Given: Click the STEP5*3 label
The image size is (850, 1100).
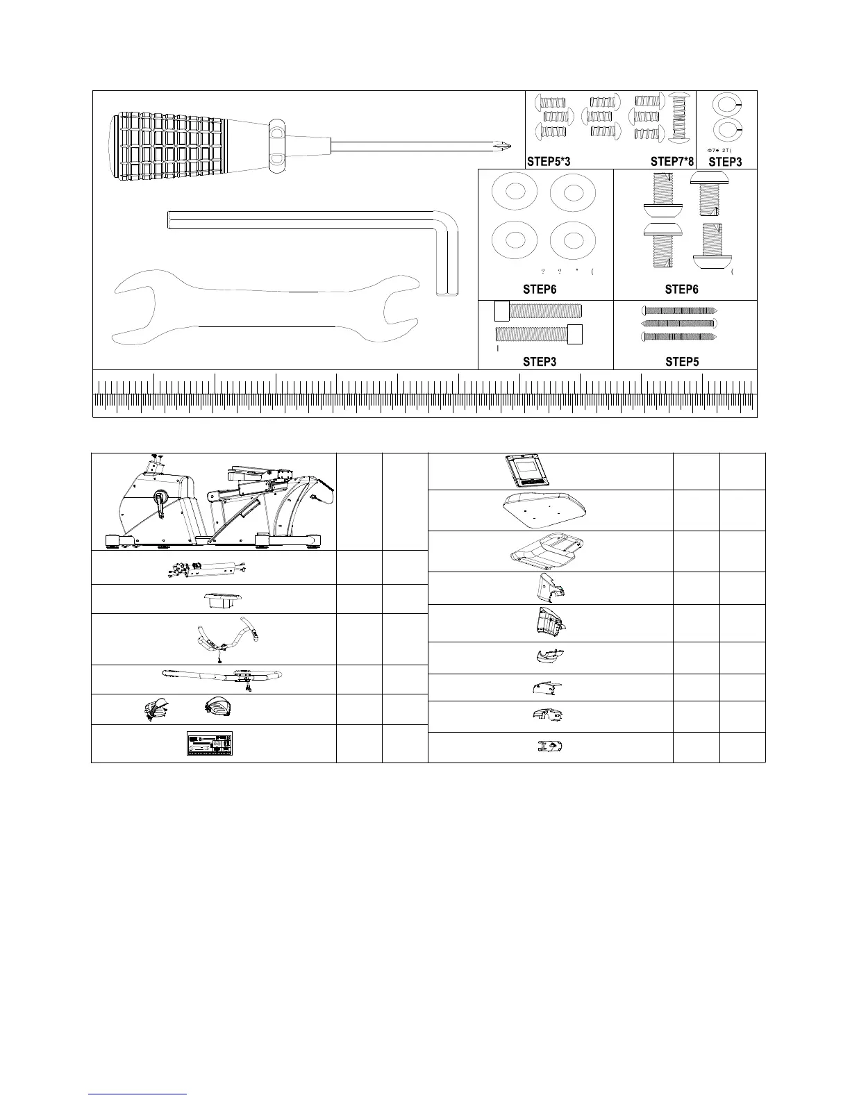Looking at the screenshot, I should tap(549, 162).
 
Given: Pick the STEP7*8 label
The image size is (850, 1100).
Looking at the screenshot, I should tap(672, 162).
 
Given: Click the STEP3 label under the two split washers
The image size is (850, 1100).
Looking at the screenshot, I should tap(725, 162).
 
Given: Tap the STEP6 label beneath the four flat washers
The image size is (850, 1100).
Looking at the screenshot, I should tap(540, 289).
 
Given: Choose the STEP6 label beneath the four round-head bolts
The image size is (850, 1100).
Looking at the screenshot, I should tap(681, 289).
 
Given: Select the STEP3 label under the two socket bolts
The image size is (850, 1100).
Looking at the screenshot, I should tap(540, 362).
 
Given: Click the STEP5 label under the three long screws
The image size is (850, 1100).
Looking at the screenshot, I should tap(681, 362).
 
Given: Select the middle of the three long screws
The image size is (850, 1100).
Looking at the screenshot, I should tap(678, 323).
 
